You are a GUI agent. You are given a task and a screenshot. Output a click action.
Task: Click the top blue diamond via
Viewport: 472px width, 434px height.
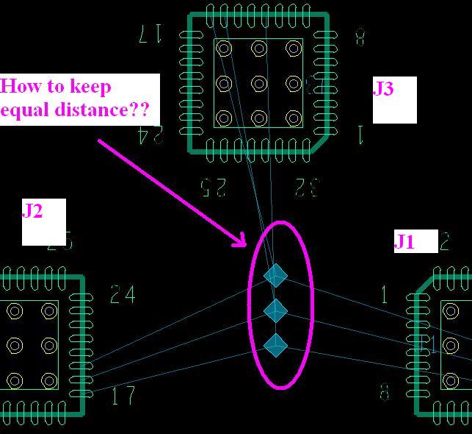point(275,276)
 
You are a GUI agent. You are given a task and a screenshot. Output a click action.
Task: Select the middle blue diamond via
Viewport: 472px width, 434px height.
point(275,310)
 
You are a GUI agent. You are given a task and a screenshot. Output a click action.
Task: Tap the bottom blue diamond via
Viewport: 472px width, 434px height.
point(275,344)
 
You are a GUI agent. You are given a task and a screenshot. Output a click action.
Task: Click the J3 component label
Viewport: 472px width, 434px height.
point(384,89)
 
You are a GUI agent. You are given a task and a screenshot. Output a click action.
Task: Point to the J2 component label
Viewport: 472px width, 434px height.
point(32,211)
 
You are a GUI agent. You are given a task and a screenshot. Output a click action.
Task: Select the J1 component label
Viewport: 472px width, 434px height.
point(404,241)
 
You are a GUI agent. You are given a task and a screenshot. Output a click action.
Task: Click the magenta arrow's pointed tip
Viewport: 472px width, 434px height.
point(246,246)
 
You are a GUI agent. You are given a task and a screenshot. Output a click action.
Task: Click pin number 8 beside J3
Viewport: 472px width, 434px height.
point(360,36)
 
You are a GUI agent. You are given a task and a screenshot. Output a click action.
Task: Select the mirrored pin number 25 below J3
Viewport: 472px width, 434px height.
point(213,188)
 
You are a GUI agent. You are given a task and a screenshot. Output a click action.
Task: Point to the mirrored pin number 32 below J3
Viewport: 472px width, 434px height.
point(306,188)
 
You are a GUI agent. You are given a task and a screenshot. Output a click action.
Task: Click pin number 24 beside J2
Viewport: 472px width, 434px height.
point(123,295)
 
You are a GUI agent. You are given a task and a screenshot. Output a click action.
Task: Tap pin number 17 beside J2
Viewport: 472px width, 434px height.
point(123,396)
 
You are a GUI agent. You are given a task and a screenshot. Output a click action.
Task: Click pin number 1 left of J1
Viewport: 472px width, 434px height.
point(385,295)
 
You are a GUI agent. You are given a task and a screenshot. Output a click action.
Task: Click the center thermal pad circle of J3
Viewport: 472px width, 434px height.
point(258,83)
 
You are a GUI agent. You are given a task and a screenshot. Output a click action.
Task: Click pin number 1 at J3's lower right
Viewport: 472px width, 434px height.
point(360,135)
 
